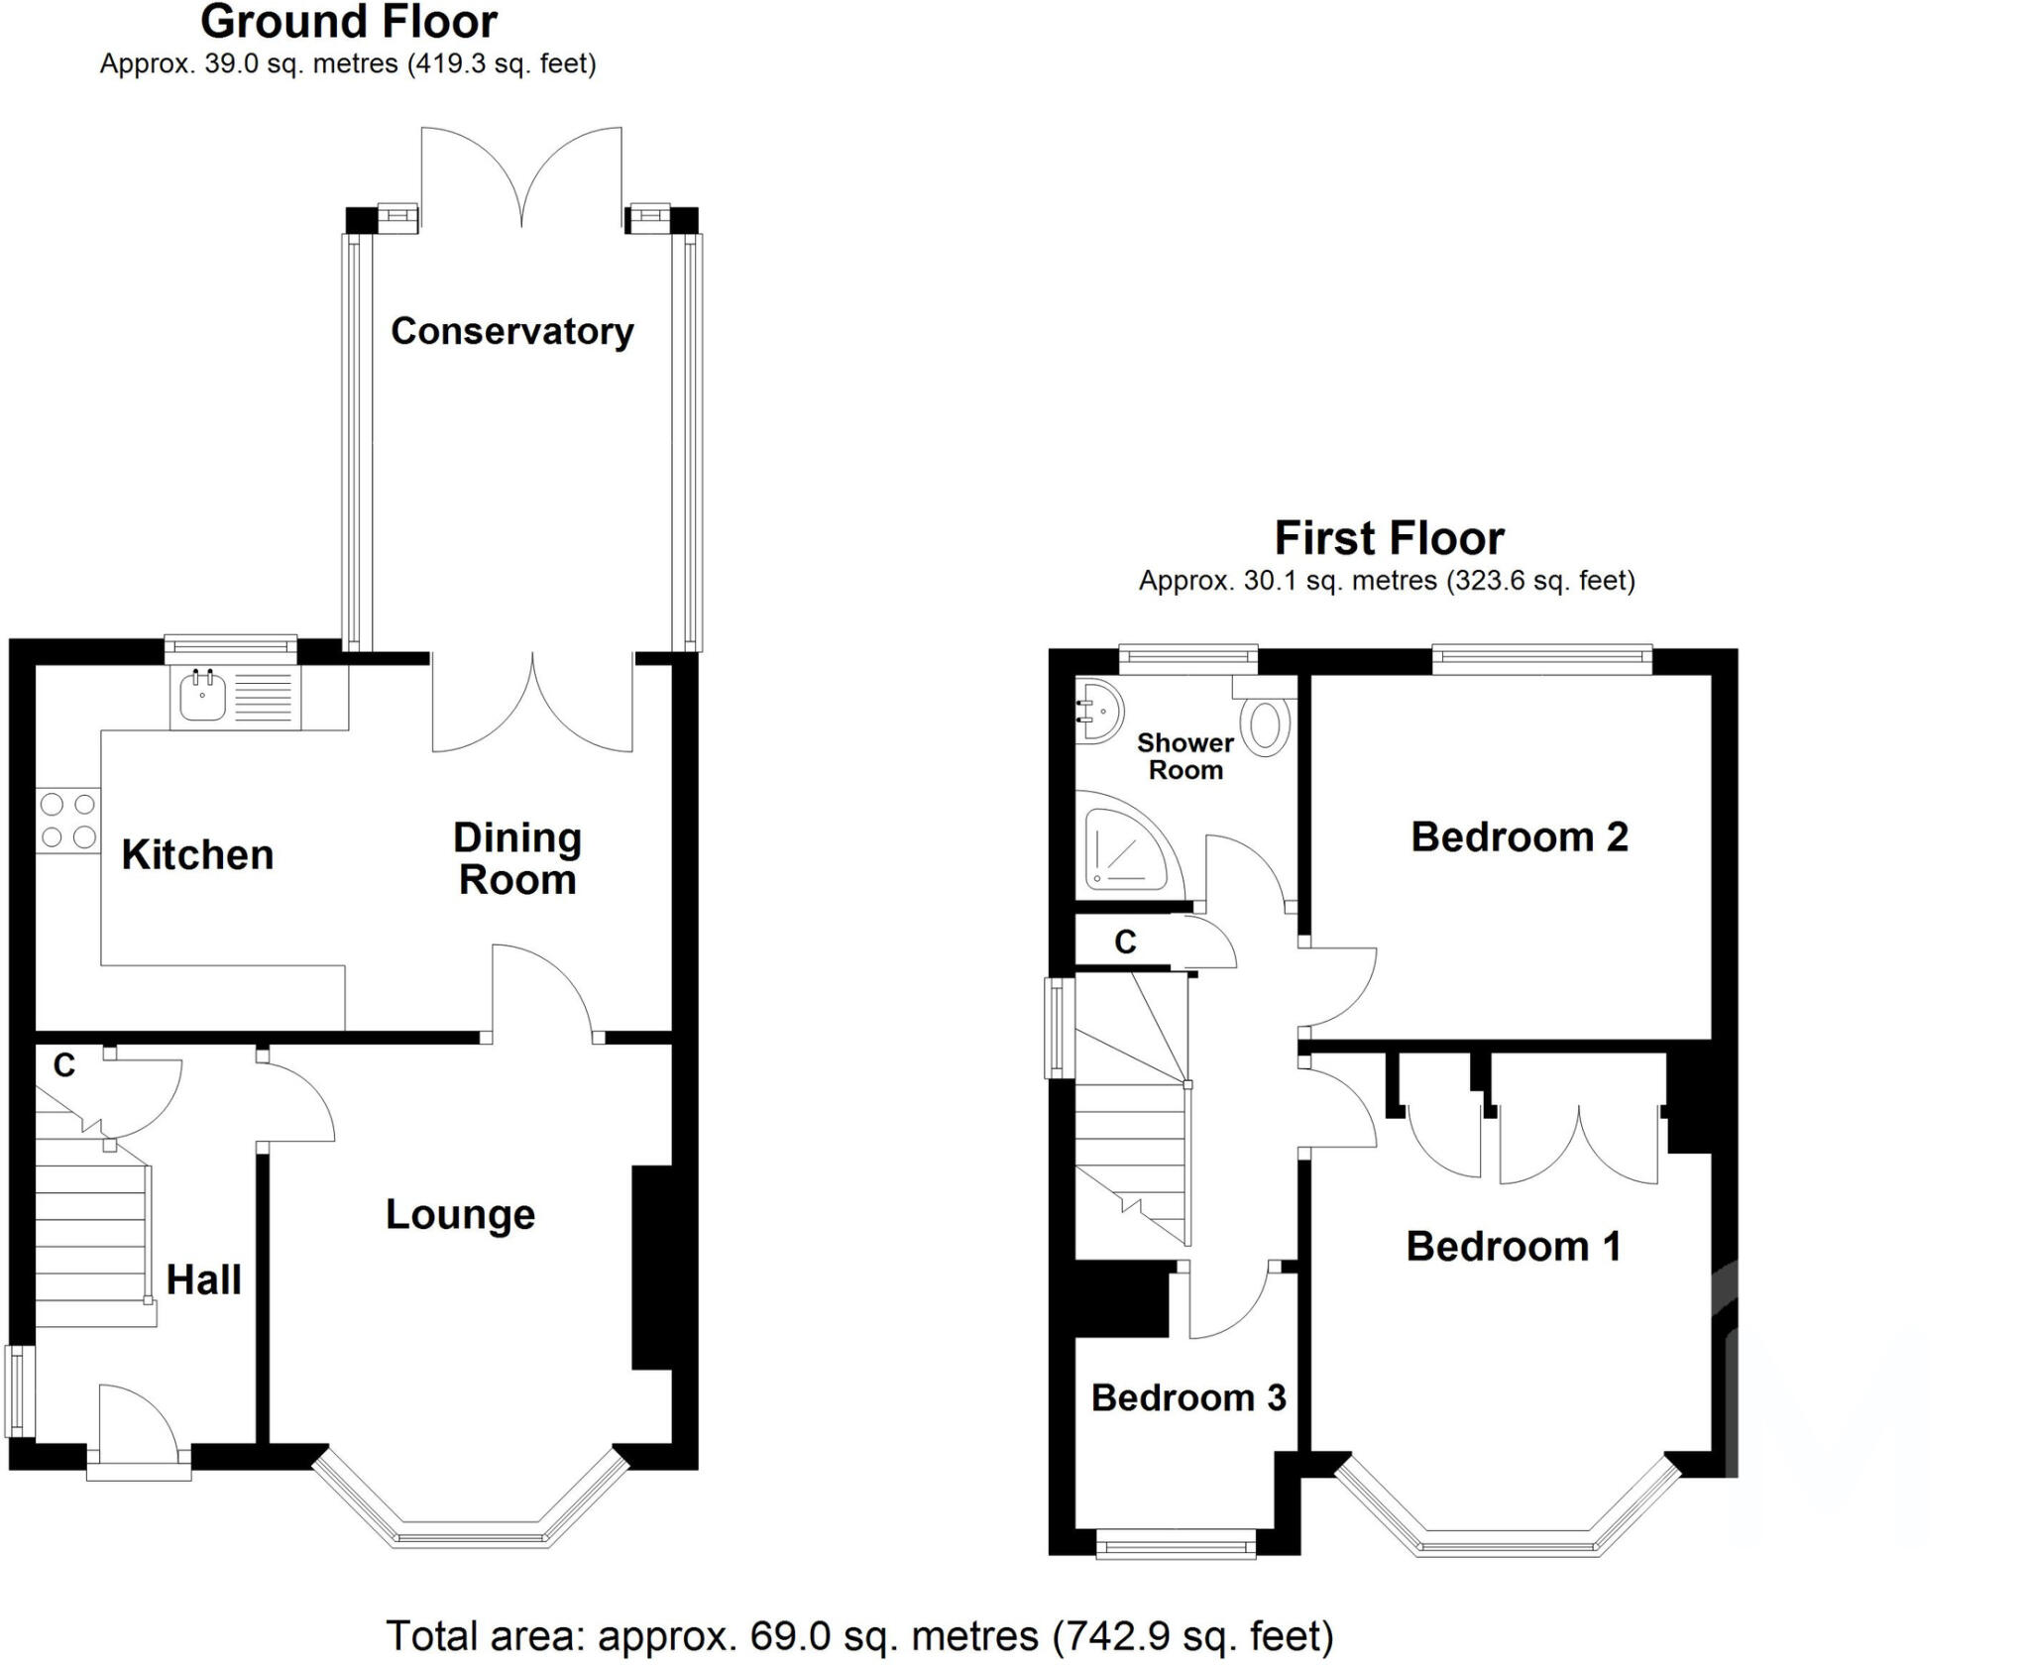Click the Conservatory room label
pos(511,331)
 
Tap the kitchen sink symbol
pos(203,697)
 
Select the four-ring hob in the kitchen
pos(68,821)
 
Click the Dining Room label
pos(516,858)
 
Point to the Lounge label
pos(460,1214)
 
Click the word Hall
pos(203,1279)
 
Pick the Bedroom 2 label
pos(1519,836)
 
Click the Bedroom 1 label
pos(1513,1246)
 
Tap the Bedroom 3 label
pos(1187,1397)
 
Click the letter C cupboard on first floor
pos(1124,943)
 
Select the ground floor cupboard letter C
pos(63,1065)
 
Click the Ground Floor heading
pos(348,22)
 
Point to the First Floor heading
pos(1389,538)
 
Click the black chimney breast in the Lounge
pos(651,1268)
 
